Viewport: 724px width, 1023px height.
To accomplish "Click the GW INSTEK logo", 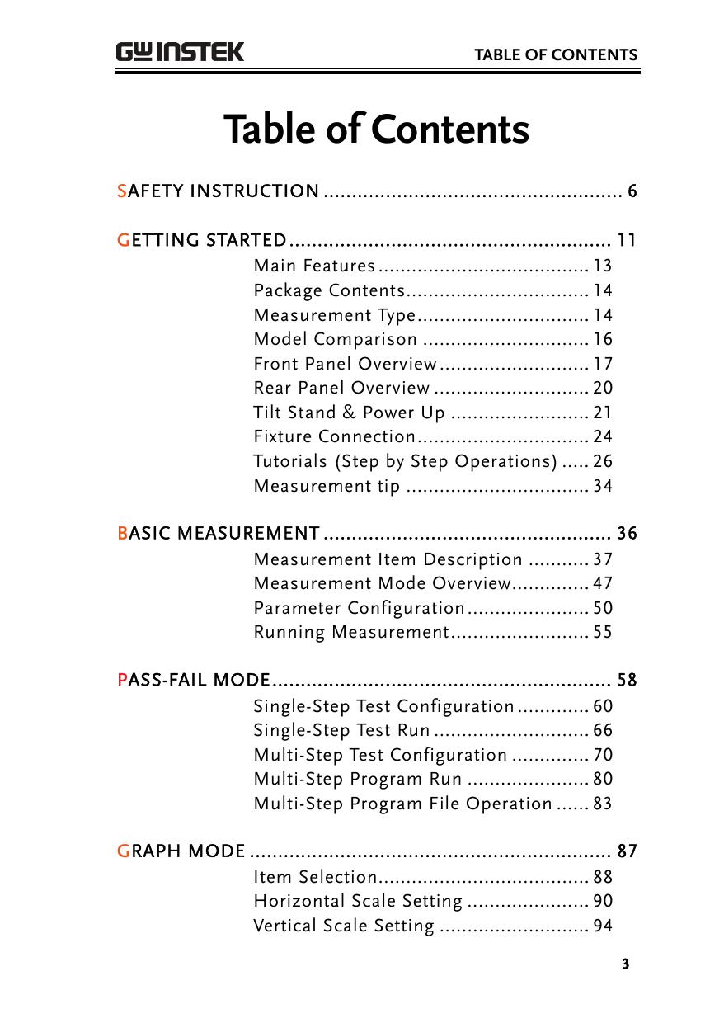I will [180, 52].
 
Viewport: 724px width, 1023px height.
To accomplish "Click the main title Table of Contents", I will [376, 130].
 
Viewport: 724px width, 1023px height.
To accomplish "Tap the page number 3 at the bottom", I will [626, 964].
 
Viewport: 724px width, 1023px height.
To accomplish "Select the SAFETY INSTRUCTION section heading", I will [219, 192].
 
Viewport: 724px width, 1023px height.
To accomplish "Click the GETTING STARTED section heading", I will [203, 241].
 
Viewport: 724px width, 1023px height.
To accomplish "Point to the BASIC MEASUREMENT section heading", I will [219, 534].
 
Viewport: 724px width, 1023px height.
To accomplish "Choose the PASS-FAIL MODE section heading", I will [195, 681].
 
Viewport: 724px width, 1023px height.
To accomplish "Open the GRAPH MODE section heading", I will [182, 851].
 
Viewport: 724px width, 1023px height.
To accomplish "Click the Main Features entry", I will [315, 266].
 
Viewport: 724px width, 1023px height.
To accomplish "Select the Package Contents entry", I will [329, 290].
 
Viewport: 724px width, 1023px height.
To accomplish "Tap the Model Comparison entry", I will [336, 339].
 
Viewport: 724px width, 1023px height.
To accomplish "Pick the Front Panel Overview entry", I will [345, 364].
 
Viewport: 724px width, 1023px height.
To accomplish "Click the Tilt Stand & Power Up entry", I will [349, 412].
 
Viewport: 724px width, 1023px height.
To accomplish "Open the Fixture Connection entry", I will [335, 436].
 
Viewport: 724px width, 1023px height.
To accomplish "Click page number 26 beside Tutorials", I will [603, 461].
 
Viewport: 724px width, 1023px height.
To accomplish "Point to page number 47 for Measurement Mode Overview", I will [603, 583].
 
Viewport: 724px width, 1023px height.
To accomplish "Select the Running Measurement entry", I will [350, 633].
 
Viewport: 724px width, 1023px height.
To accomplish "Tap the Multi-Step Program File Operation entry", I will [402, 804].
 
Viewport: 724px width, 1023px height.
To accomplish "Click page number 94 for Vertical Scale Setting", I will [603, 926].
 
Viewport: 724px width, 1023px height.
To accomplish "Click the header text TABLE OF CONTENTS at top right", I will [555, 55].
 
